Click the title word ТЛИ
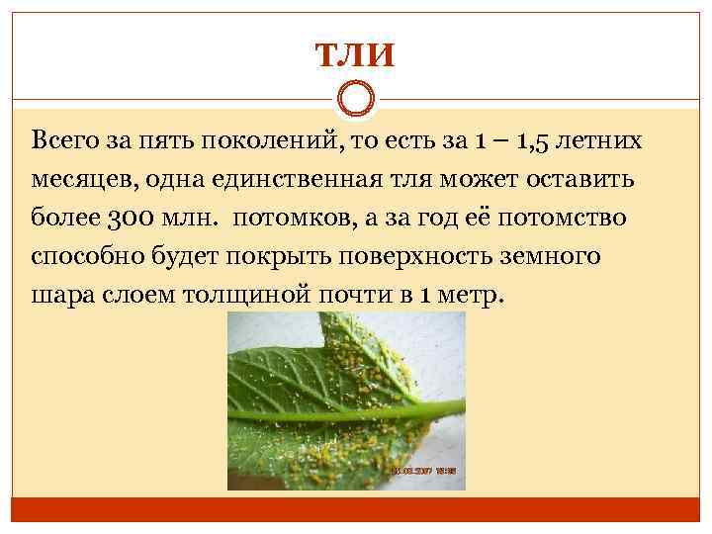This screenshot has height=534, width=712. coord(355,53)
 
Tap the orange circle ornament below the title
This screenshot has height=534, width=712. coord(355,99)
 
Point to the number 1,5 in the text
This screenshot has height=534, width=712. coord(535,141)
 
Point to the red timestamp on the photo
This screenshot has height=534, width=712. coord(426,471)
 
